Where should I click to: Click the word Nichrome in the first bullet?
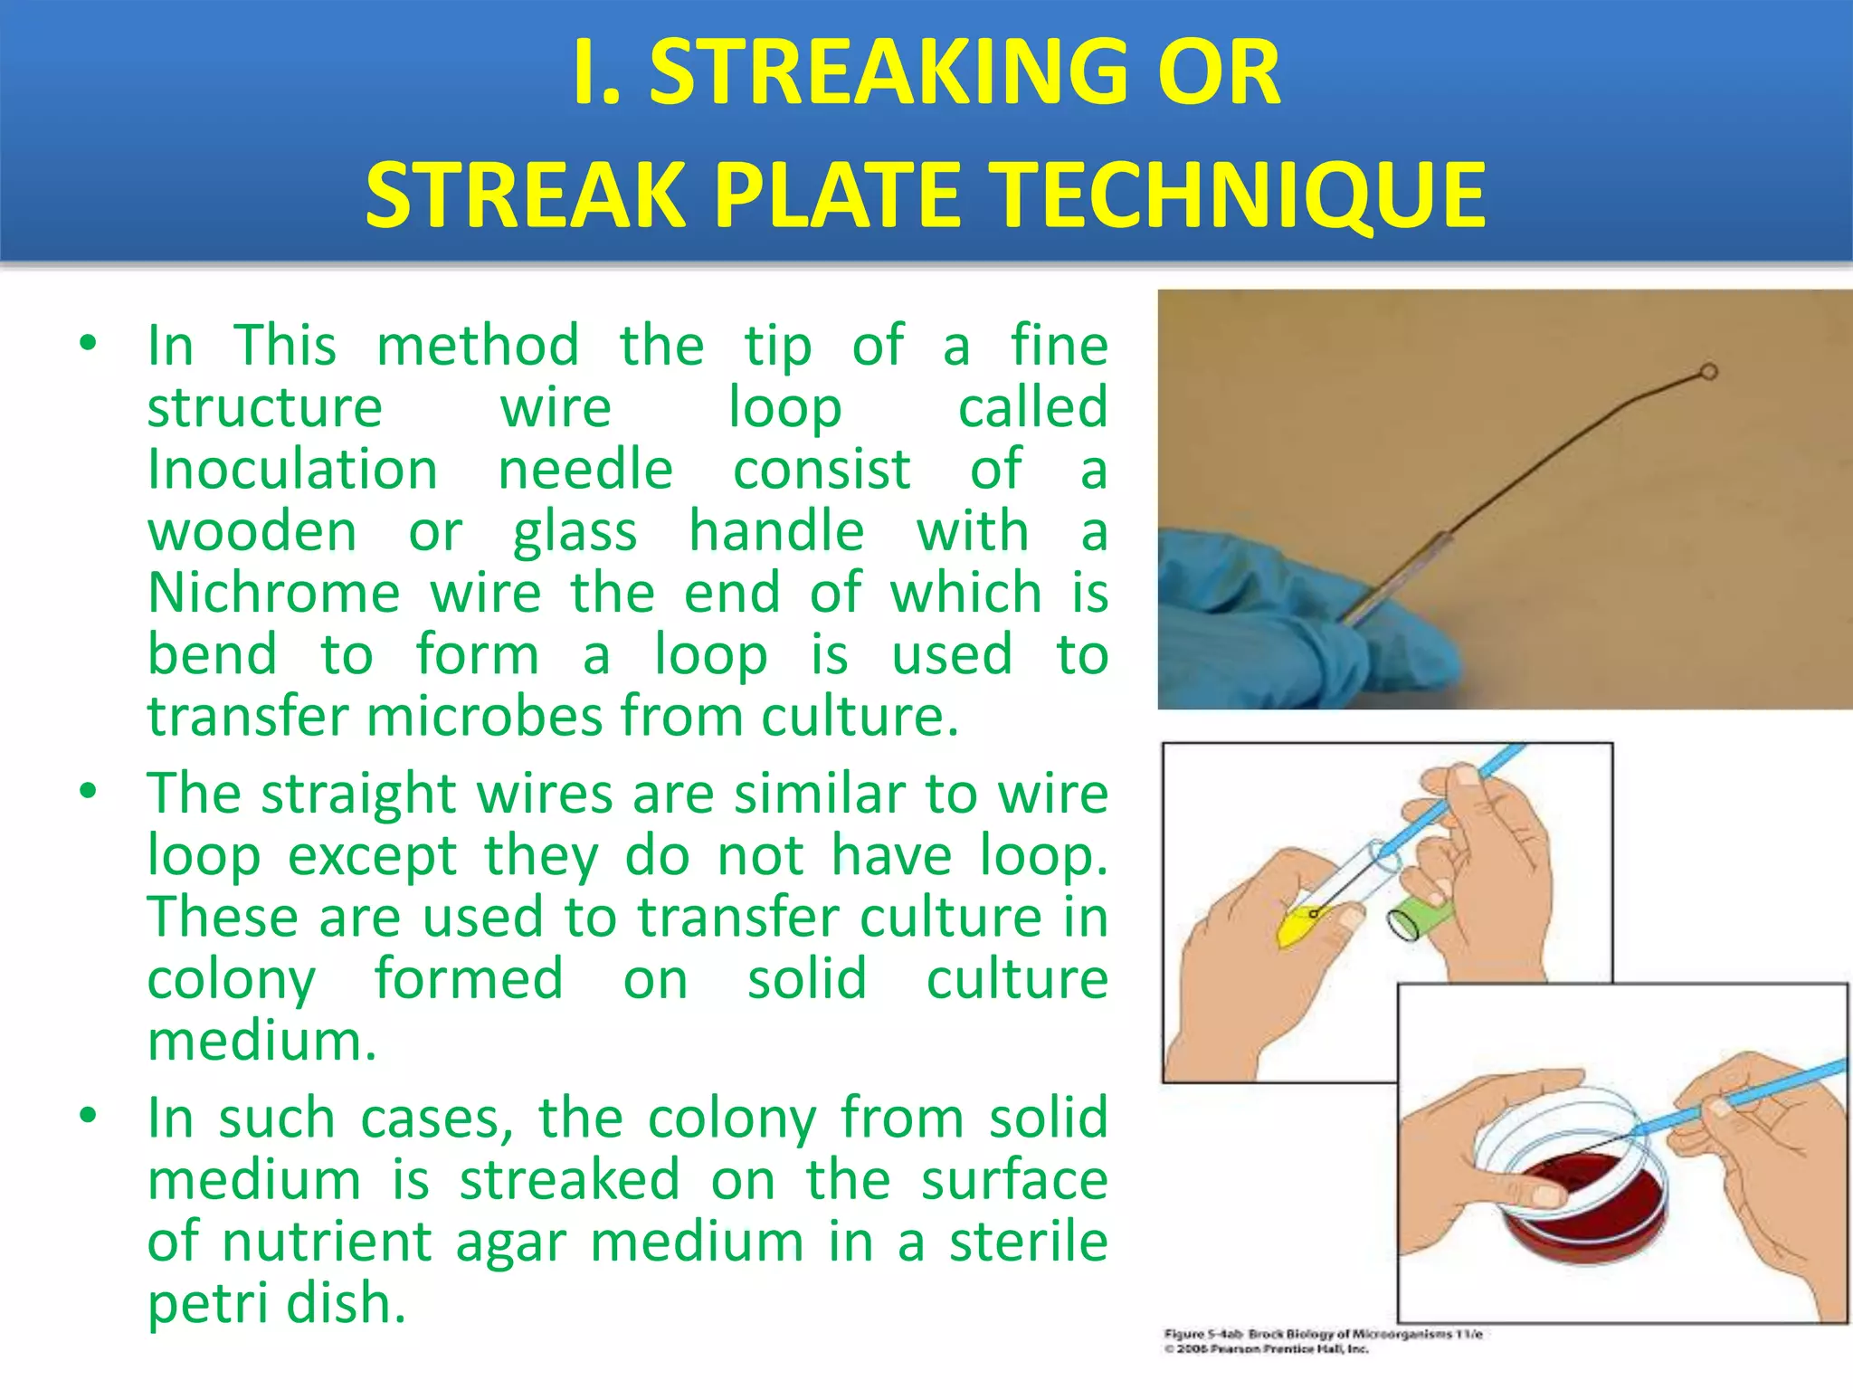click(x=273, y=594)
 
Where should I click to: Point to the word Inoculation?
click(x=292, y=470)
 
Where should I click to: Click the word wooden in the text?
click(x=252, y=531)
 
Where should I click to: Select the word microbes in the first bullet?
click(x=488, y=717)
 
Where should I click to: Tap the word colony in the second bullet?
click(x=232, y=980)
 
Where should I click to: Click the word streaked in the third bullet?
click(x=569, y=1180)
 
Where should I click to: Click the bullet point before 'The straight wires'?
click(x=88, y=792)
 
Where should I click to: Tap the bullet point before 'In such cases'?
click(x=88, y=1116)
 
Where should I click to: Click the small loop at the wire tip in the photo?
click(x=1707, y=371)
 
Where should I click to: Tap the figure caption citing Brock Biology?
click(x=1322, y=1334)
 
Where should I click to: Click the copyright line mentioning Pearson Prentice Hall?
click(x=1266, y=1349)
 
